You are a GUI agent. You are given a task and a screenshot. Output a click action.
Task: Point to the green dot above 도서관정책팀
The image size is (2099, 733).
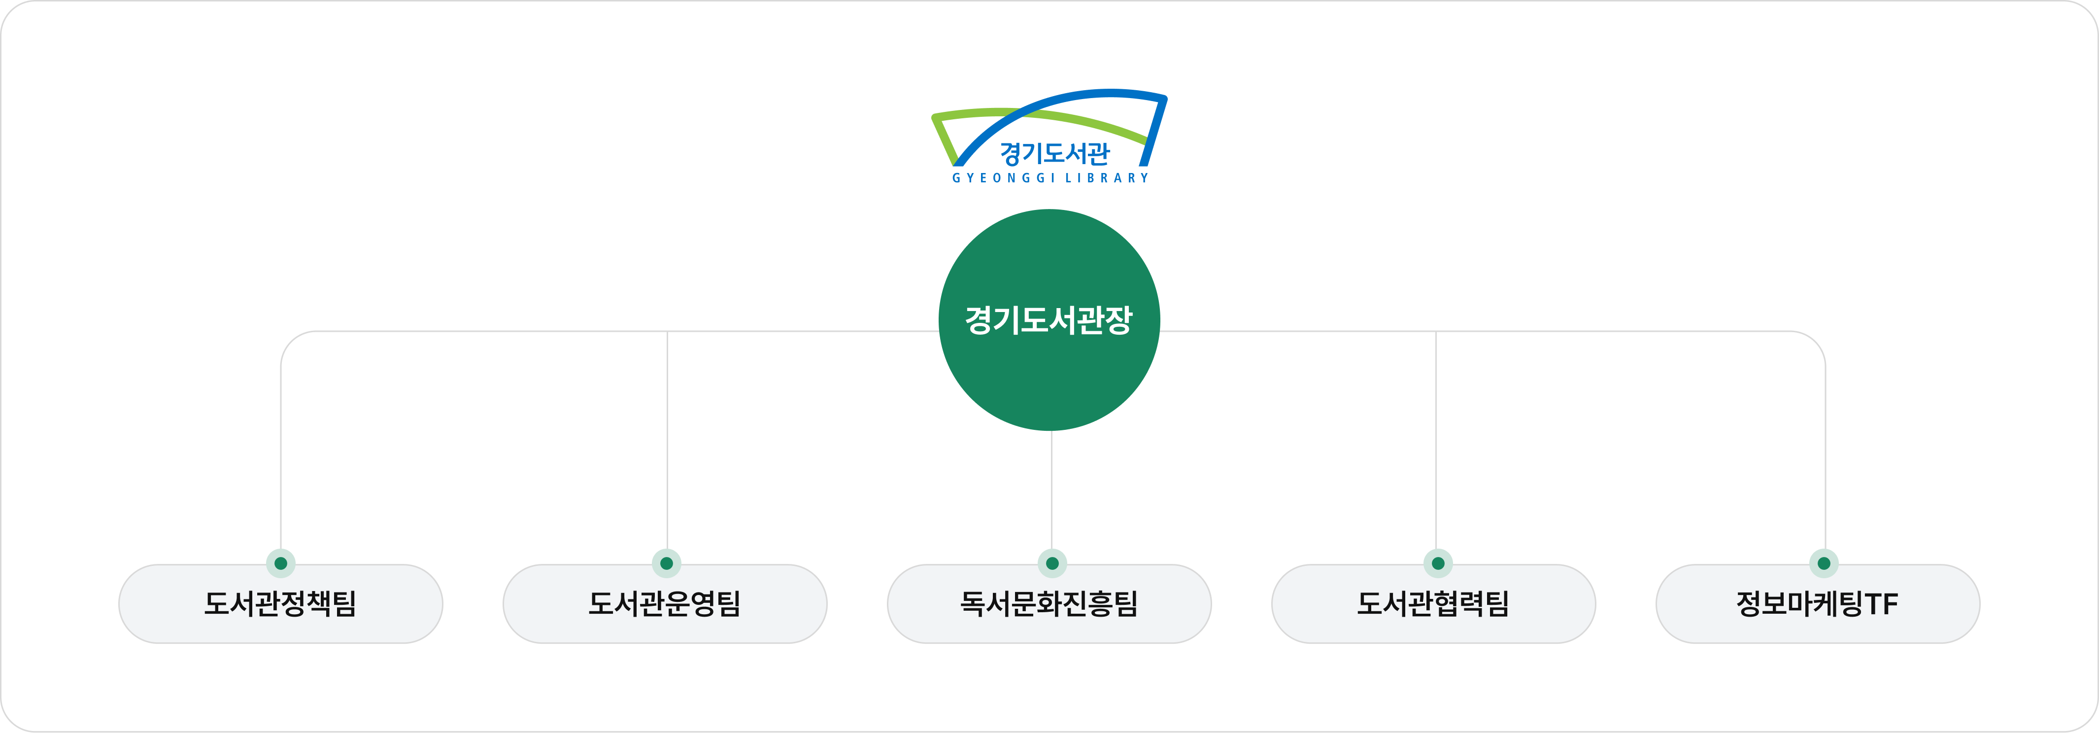coord(280,562)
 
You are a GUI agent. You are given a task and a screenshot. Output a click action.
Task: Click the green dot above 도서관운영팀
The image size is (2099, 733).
coord(667,562)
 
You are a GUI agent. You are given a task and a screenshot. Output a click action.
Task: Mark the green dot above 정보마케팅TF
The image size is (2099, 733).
coord(1824,562)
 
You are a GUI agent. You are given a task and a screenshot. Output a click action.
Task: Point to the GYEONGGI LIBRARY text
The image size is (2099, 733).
coord(1050,178)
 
